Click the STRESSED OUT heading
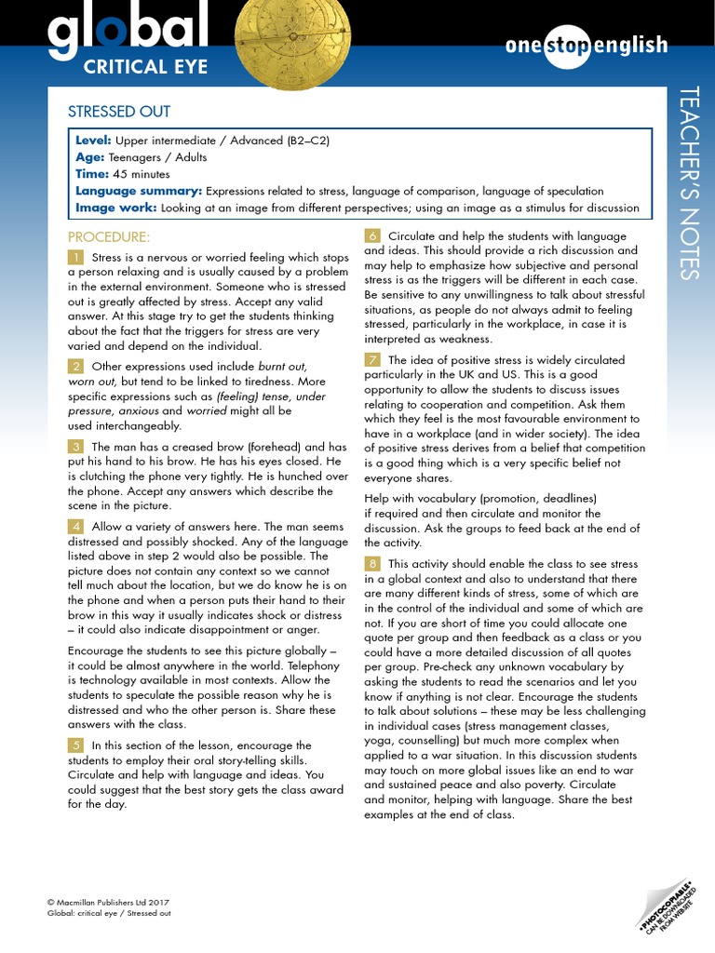coord(119,112)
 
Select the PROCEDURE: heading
coord(108,236)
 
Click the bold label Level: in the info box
coord(93,141)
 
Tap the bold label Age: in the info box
coord(89,157)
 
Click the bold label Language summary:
coord(138,191)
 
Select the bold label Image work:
coord(115,208)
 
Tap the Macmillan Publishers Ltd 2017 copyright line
coord(108,902)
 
